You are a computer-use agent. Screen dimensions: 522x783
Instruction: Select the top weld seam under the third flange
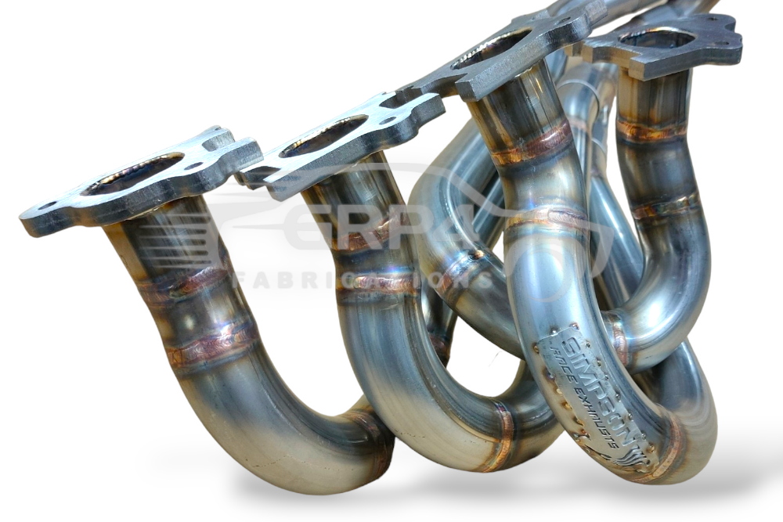(x=532, y=146)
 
